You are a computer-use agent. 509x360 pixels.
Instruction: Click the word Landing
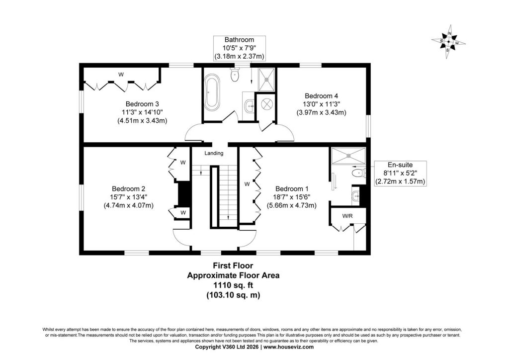coord(214,153)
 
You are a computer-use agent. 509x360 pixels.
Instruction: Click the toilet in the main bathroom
coord(234,75)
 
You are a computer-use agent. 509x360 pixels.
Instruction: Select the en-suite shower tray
coord(348,156)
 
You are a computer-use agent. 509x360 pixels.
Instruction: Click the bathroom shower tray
coord(266,79)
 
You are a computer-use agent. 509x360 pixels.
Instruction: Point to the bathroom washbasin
coord(250,105)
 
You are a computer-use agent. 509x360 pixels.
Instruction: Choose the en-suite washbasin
coord(356,196)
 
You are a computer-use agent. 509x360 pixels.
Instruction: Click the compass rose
coord(449,42)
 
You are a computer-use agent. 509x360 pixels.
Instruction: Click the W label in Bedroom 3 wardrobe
coord(121,75)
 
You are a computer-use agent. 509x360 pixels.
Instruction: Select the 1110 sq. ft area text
coord(233,285)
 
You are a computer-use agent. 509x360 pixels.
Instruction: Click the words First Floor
coord(233,266)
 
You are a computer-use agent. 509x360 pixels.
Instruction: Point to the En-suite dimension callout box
coord(400,174)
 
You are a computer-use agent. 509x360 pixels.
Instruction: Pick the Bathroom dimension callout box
coord(240,48)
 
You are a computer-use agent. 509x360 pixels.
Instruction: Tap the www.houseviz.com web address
coord(289,347)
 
